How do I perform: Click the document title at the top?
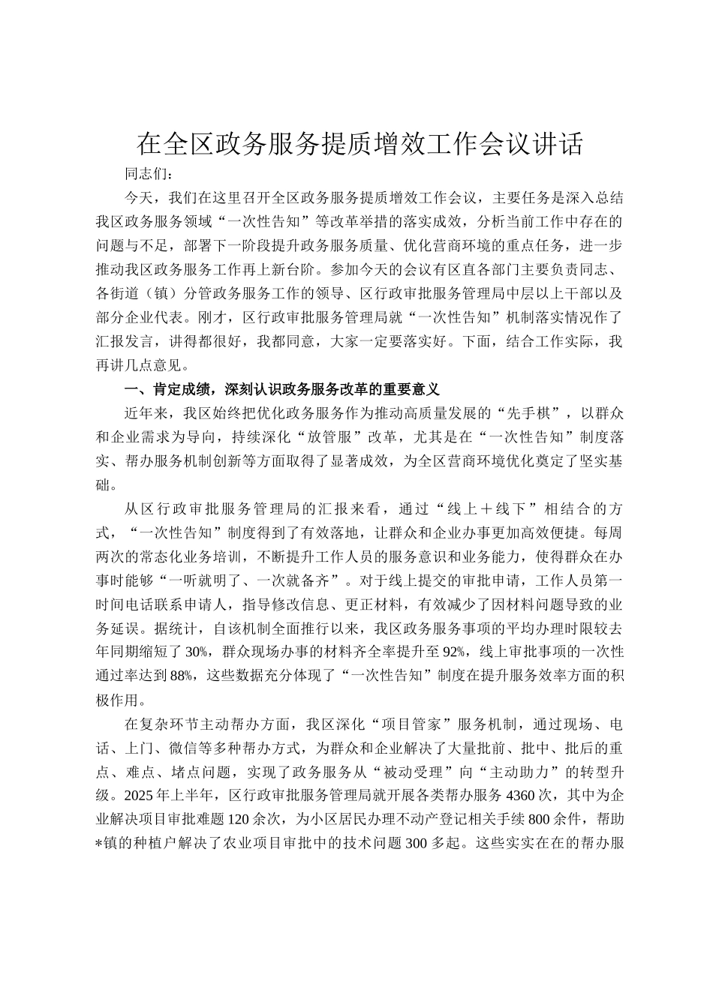[x=360, y=144]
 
